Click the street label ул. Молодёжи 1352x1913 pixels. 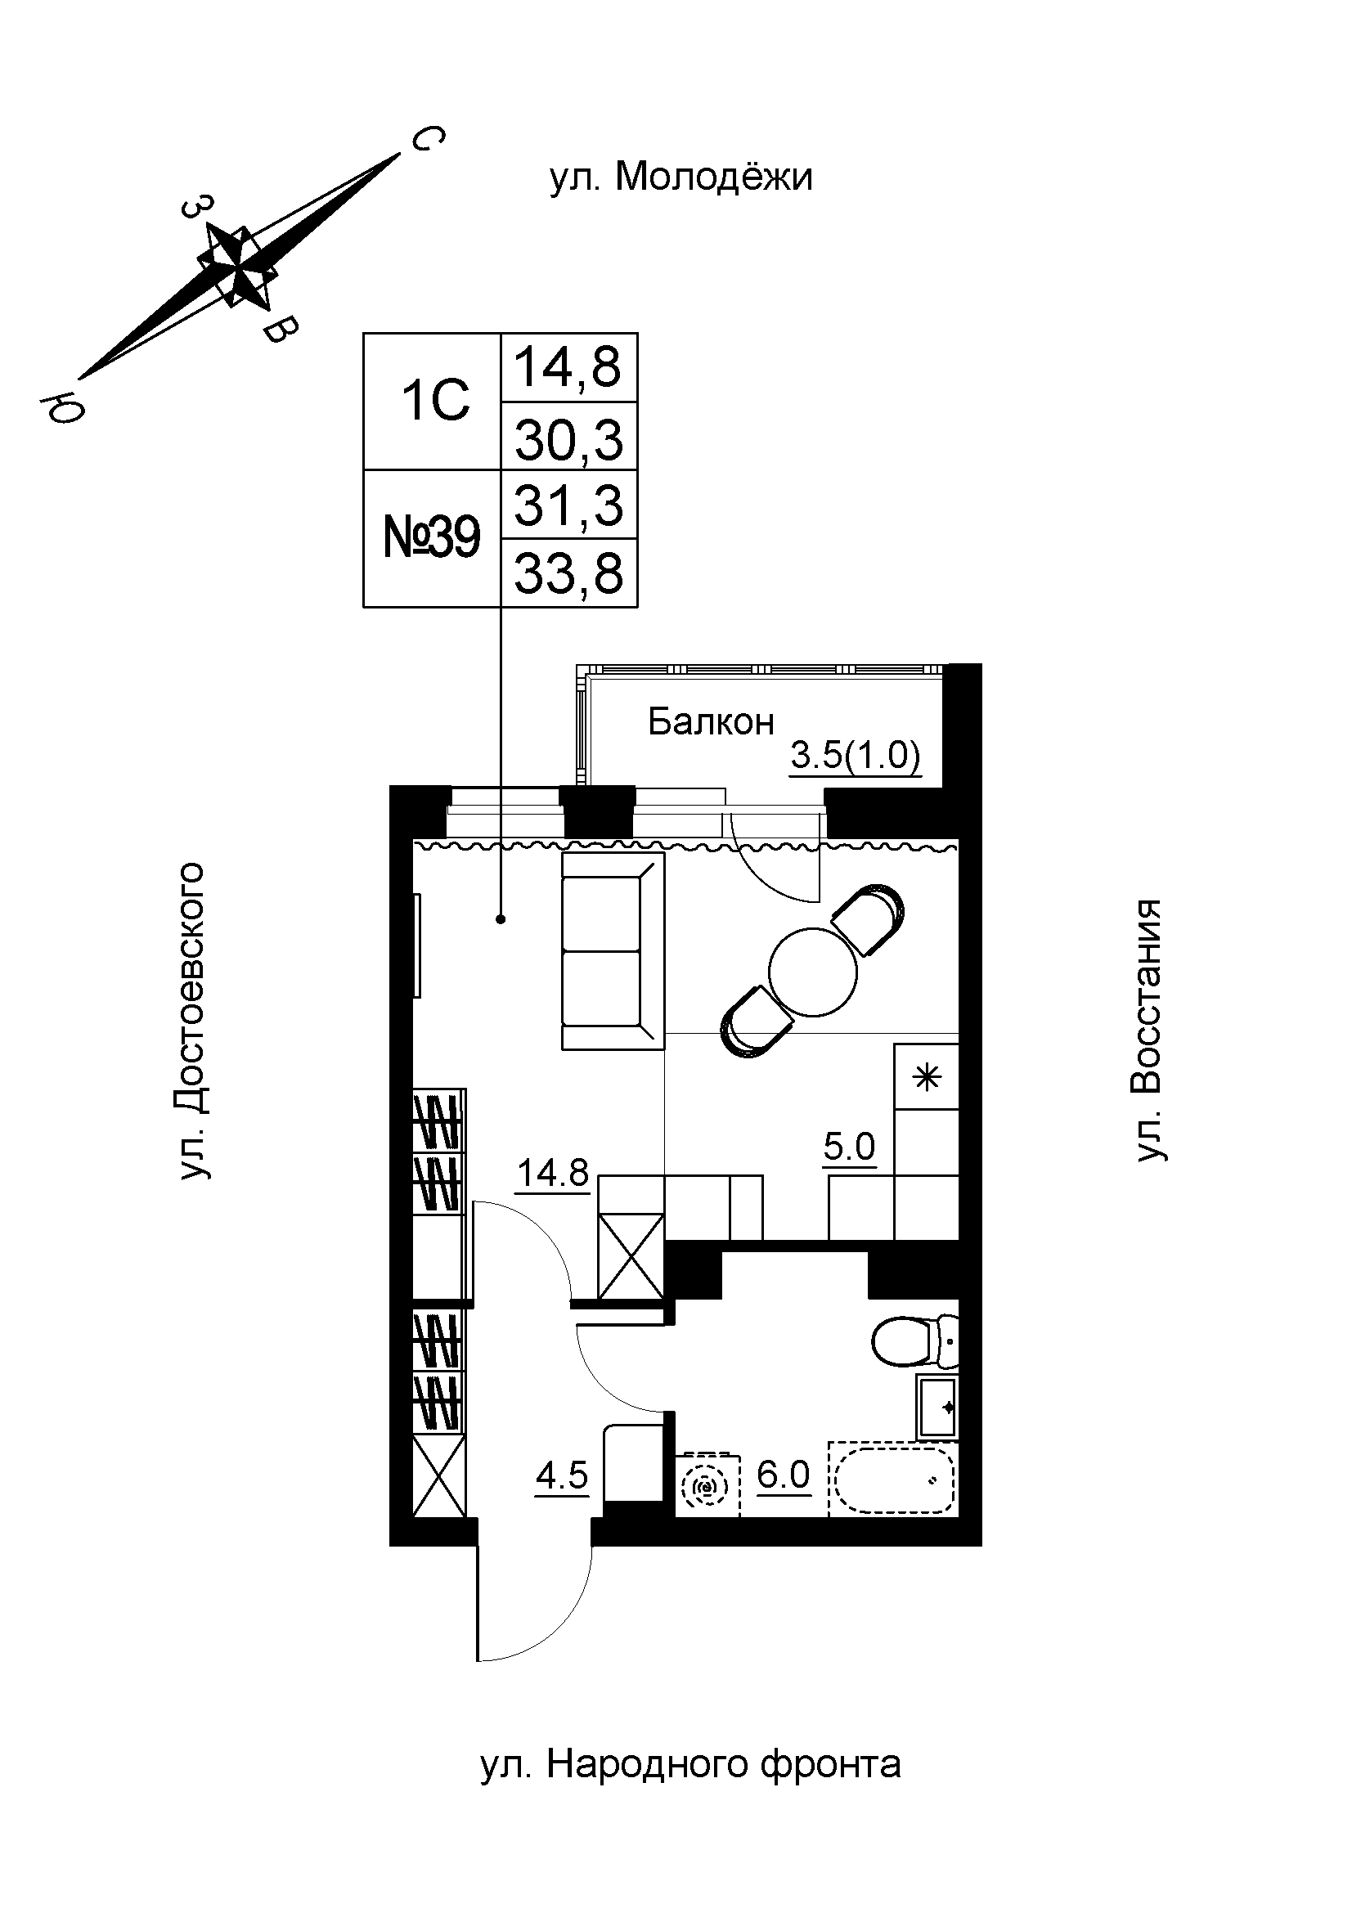point(680,177)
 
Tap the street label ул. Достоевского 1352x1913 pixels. point(191,1022)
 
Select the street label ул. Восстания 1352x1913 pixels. point(1150,1030)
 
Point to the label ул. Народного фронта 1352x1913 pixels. point(690,1765)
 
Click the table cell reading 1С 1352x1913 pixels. point(436,402)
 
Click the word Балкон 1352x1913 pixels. point(711,721)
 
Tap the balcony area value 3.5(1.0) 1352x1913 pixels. point(855,757)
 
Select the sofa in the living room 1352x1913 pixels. point(613,950)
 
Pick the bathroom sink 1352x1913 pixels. point(938,1407)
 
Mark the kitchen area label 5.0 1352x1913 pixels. point(850,1147)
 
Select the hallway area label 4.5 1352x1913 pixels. point(561,1475)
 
